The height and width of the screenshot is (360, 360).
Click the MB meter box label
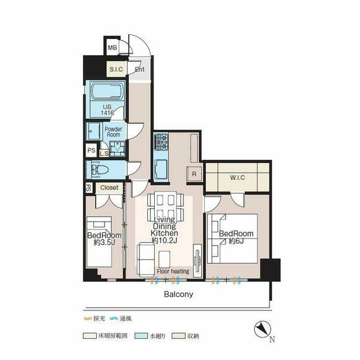point(112,48)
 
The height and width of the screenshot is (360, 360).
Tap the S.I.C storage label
point(116,69)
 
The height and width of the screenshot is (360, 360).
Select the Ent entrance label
point(139,69)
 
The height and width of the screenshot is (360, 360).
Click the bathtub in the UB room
point(107,91)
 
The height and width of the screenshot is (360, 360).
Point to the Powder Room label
point(114,132)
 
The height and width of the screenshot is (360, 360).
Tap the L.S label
point(104,154)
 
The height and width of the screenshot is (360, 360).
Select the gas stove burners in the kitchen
point(161,141)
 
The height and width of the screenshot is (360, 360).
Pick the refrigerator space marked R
point(194,174)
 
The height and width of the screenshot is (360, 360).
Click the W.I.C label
point(237,178)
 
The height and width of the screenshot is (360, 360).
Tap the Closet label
point(109,187)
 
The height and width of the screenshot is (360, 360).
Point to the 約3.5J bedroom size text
point(105,242)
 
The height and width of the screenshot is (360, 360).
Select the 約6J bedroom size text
point(236,241)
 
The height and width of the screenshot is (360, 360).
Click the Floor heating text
point(173,271)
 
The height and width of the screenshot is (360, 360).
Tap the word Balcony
point(179,294)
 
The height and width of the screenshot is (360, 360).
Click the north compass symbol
point(263,330)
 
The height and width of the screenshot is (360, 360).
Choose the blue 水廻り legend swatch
point(141,336)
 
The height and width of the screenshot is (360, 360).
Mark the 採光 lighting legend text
point(100,318)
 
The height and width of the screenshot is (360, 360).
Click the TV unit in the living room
point(197,260)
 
